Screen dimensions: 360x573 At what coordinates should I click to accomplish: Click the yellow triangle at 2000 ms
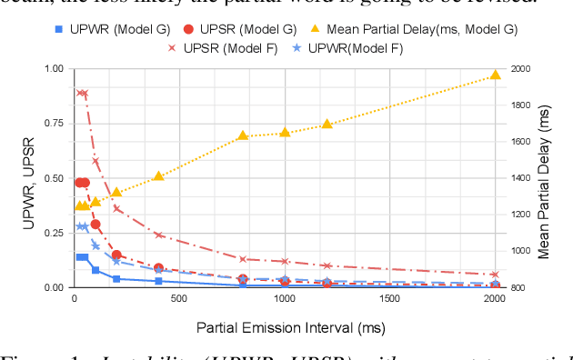(x=495, y=75)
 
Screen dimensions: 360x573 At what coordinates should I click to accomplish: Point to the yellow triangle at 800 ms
(x=243, y=135)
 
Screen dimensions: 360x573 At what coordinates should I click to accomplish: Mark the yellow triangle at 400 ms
(x=158, y=175)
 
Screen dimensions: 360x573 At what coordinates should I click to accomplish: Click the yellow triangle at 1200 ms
(x=327, y=124)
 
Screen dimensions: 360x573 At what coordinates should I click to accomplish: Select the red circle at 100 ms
(x=95, y=224)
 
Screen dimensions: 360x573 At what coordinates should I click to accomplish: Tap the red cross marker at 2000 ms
(x=495, y=274)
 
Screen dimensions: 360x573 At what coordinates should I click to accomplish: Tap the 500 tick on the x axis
(x=179, y=299)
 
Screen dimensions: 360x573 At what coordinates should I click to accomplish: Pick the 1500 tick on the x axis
(x=389, y=299)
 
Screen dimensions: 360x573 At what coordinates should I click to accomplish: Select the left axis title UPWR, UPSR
(x=28, y=179)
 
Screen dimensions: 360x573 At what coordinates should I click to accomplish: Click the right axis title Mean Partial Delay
(x=545, y=179)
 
